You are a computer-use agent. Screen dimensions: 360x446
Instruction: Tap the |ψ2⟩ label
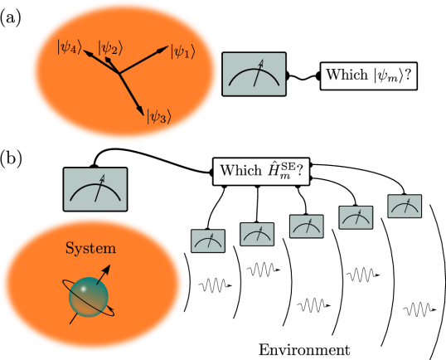110,48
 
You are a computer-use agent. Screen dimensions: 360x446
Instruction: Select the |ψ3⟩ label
158,117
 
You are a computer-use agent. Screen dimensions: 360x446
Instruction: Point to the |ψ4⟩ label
69,48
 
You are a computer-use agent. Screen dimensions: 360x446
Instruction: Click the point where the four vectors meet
119,74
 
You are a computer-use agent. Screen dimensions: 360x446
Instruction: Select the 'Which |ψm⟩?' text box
369,76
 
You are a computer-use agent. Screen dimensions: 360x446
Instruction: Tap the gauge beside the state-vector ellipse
254,74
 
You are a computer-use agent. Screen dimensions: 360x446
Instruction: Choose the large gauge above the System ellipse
95,189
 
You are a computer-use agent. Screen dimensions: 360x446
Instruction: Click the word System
91,248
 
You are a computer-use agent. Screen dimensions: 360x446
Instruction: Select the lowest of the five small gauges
208,241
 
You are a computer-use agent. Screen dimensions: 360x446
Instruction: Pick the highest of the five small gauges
405,206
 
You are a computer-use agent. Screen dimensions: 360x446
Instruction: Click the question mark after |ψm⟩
411,76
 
